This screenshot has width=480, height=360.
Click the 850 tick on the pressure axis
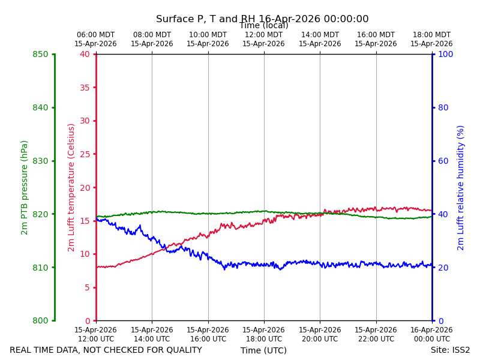coord(40,55)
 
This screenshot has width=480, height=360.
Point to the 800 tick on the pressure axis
coord(40,320)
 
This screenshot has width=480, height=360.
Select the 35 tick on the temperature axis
coord(85,88)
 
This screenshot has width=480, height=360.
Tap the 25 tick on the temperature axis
coord(85,154)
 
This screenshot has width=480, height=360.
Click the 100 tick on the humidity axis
coord(445,55)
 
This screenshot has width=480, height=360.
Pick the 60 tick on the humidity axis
coord(443,161)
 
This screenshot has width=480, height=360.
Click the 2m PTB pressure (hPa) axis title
coord(24,188)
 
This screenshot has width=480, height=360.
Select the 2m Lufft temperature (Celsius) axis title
coord(71,188)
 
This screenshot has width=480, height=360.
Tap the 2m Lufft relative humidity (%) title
coord(460,188)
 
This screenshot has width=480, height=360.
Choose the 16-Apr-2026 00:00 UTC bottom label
coord(431,335)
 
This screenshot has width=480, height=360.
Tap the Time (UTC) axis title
coord(263,350)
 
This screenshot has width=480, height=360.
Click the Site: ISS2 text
coord(450,350)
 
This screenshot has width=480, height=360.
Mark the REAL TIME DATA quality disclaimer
coord(106,350)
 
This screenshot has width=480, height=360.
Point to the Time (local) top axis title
coord(264,25)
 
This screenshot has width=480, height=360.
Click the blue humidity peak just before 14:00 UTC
coord(140,226)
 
